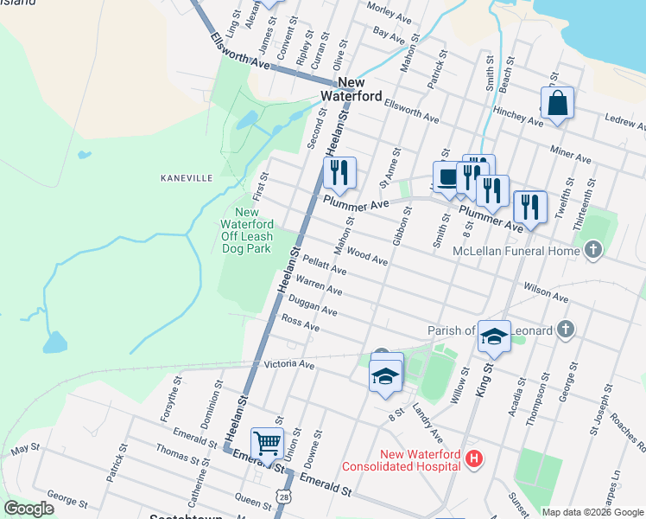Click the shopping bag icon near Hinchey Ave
(x=557, y=102)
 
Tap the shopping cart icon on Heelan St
(x=268, y=444)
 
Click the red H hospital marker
(x=472, y=458)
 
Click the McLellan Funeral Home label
(x=516, y=252)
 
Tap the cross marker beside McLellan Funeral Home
(x=592, y=251)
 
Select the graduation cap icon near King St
(x=494, y=336)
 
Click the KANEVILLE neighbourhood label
(x=187, y=177)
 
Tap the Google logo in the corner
(x=28, y=509)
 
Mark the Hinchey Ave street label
(x=516, y=117)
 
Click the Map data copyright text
(x=592, y=512)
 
